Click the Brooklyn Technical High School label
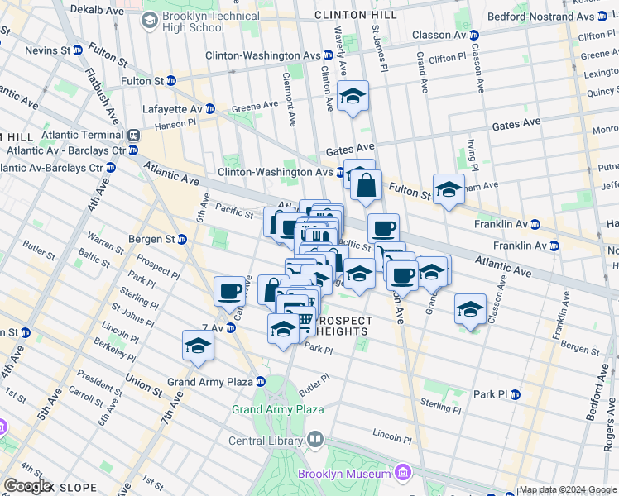[x=193, y=21]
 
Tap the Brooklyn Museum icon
[x=403, y=473]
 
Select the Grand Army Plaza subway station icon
[x=260, y=382]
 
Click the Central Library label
[x=266, y=441]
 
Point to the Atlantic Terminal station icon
[x=132, y=135]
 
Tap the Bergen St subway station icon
[x=181, y=239]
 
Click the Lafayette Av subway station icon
[x=210, y=108]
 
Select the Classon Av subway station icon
[x=474, y=35]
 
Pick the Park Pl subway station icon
[x=516, y=394]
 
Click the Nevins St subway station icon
[x=78, y=50]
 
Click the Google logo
[x=26, y=486]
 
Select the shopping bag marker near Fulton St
[x=366, y=186]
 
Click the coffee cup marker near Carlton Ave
[x=230, y=291]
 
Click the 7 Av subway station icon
[x=231, y=328]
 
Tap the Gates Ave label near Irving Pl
[x=516, y=122]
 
